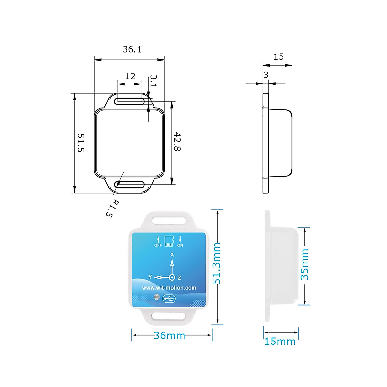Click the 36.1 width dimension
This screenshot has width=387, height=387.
pos(132,49)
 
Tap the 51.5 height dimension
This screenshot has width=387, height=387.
pos(81,143)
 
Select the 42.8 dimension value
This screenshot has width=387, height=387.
pos(177,141)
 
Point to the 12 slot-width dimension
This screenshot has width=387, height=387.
pos(130,76)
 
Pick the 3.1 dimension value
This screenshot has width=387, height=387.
pos(154,81)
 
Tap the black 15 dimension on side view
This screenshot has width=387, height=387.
pos(279,57)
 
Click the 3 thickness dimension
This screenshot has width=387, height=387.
pos(266,75)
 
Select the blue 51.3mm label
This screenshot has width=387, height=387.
pos(216,263)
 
